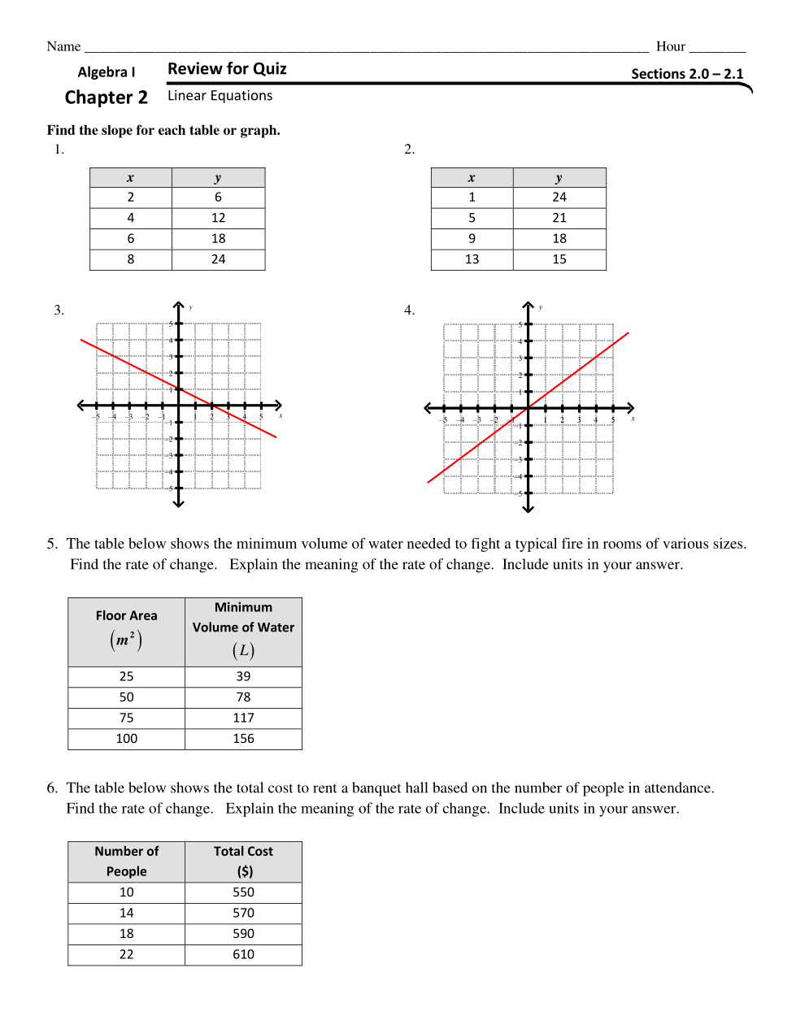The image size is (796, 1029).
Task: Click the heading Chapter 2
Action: click(x=107, y=98)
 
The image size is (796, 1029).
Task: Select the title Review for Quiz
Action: click(x=227, y=69)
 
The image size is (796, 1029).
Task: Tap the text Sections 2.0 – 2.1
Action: click(x=687, y=74)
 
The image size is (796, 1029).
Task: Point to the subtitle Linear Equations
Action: click(x=220, y=96)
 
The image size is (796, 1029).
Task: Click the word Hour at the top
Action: click(x=670, y=46)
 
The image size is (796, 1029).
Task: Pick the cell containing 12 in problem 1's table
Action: click(x=218, y=218)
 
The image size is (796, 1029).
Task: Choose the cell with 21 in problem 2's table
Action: click(x=559, y=218)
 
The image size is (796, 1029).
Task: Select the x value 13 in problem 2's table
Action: click(x=472, y=259)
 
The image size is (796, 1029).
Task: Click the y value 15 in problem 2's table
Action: click(x=559, y=259)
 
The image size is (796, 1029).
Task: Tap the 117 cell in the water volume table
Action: click(x=243, y=718)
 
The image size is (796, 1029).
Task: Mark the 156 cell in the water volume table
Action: click(x=243, y=739)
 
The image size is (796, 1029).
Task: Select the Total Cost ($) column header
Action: click(x=243, y=861)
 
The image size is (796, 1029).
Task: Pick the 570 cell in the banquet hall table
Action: click(x=243, y=913)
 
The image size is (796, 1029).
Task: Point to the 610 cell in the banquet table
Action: click(x=243, y=954)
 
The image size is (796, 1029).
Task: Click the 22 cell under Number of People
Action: click(x=126, y=954)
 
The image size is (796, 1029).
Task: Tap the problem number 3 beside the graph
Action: click(x=59, y=310)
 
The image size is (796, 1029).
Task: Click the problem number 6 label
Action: click(x=52, y=788)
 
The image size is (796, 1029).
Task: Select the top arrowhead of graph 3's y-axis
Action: click(x=179, y=305)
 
